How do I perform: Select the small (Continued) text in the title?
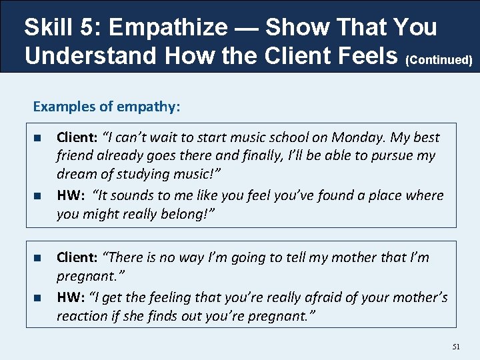[x=440, y=60]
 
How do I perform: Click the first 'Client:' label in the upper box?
[x=77, y=137]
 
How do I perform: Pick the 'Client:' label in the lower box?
[x=77, y=257]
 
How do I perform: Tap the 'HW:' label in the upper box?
[x=71, y=195]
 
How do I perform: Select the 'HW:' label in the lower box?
[x=71, y=297]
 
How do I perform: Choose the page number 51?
[x=457, y=347]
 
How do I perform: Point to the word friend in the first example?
[x=75, y=156]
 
